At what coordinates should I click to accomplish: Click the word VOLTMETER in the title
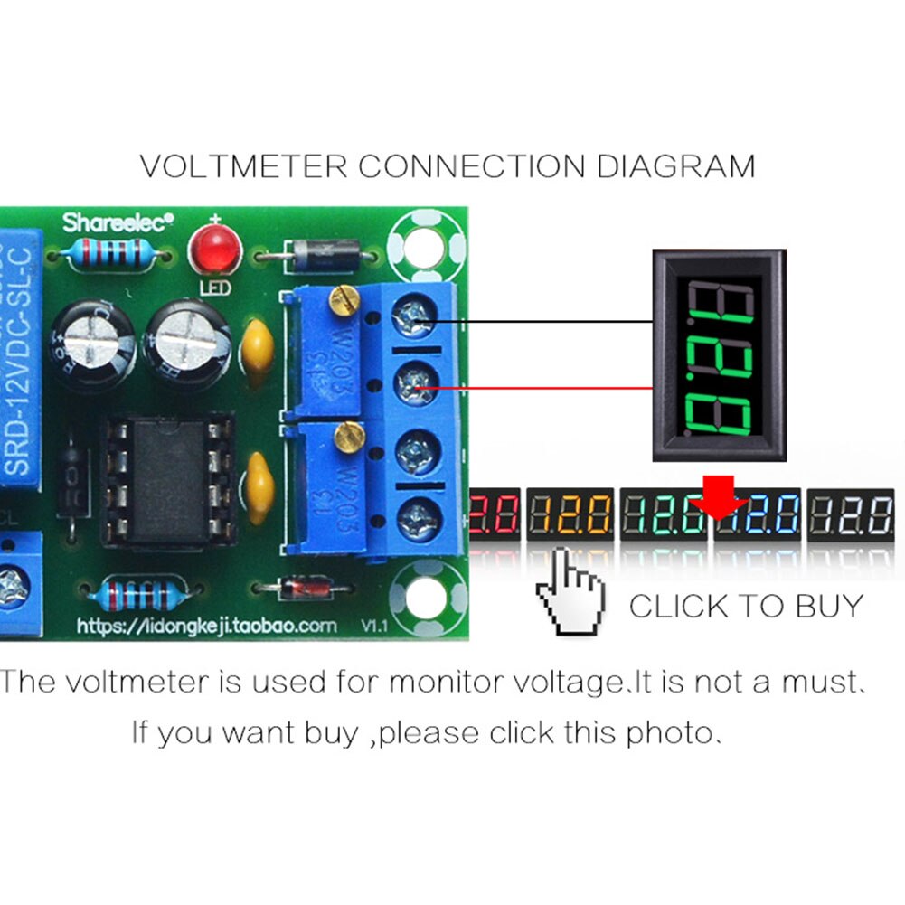(243, 166)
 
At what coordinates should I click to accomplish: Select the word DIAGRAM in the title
(674, 166)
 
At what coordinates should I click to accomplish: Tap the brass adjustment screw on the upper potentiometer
(343, 299)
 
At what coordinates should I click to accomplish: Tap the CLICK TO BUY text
(746, 606)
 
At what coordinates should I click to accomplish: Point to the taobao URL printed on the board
(206, 626)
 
